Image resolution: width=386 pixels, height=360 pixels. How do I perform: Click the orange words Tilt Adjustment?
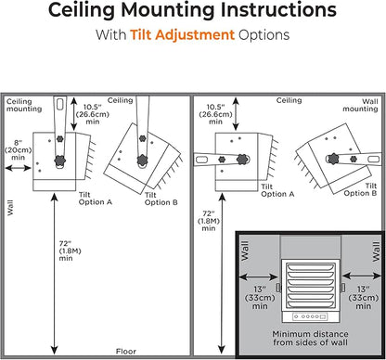182,34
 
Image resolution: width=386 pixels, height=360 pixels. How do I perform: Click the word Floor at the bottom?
126,352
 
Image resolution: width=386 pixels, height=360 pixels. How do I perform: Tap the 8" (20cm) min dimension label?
18,150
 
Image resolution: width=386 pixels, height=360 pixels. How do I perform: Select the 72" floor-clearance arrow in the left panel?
55,274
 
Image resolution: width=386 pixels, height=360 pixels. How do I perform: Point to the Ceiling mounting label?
24,105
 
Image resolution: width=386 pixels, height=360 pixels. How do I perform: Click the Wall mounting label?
360,105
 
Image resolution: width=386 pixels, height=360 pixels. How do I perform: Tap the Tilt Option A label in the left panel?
96,199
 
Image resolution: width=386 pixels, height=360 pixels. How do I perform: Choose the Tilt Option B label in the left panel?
161,199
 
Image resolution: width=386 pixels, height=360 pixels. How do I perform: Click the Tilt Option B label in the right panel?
360,189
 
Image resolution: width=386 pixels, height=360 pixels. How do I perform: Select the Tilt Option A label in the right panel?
277,190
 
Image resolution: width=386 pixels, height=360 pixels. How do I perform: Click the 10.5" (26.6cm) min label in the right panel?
215,114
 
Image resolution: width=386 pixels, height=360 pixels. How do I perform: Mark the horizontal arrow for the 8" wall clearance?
19,168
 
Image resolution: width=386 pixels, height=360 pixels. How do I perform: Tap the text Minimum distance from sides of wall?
310,338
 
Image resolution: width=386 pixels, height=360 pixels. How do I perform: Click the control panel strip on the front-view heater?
310,316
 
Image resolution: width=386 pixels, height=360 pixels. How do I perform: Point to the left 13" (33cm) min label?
260,298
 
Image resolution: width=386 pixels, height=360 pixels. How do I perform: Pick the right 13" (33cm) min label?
364,298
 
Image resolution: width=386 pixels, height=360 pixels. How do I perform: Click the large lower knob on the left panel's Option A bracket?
60,161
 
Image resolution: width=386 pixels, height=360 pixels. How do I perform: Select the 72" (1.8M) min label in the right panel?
209,221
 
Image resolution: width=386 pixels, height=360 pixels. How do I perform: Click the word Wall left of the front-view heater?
244,251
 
